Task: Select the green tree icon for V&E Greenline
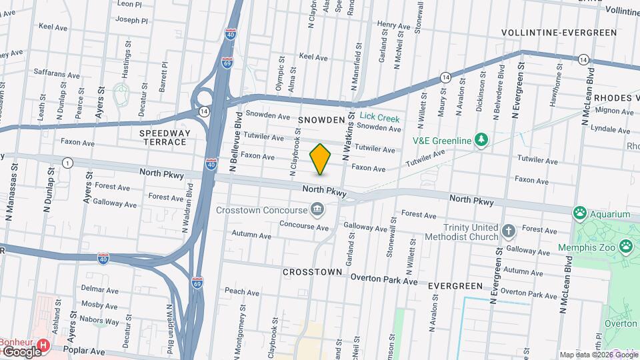(x=479, y=139)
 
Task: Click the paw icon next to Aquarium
(x=580, y=214)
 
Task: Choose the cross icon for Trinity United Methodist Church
(x=509, y=231)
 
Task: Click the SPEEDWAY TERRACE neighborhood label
(x=165, y=137)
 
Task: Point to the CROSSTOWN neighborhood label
(x=312, y=272)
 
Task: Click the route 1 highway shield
(x=67, y=163)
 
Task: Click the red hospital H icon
(x=43, y=345)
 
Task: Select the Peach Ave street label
(x=241, y=291)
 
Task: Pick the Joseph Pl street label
(x=131, y=20)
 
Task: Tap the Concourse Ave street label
(x=304, y=225)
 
